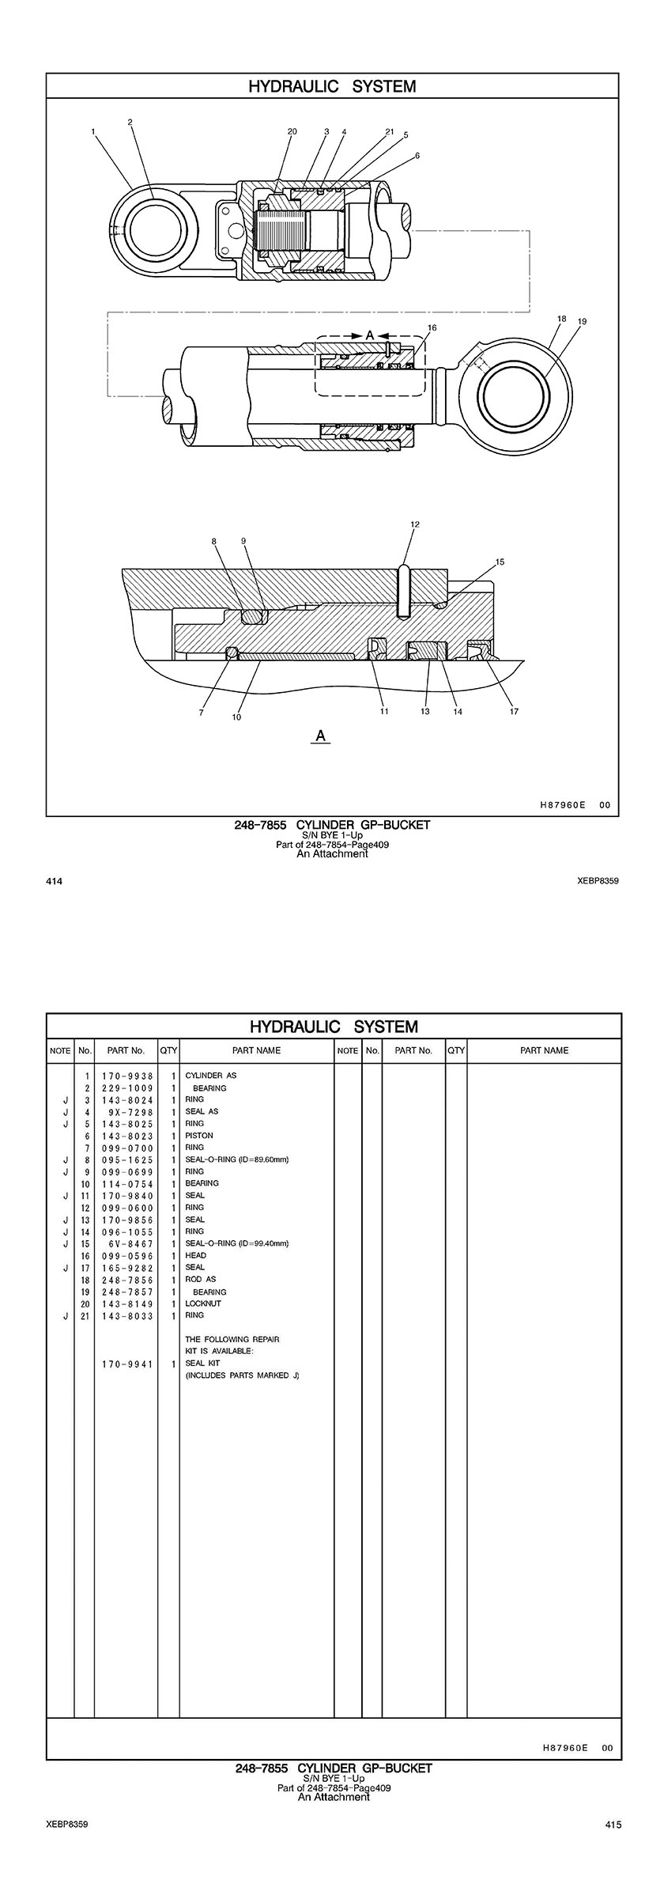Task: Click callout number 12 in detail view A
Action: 415,524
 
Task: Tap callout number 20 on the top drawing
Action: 292,131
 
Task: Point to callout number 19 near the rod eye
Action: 583,322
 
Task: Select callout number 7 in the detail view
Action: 202,713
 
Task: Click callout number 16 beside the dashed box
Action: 432,327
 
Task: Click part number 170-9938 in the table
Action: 127,1076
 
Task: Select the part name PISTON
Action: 199,1136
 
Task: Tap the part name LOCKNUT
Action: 203,1303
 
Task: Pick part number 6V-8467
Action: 127,1244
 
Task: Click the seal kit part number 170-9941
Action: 127,1364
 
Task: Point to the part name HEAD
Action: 195,1255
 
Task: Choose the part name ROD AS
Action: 200,1279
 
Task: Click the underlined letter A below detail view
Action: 321,736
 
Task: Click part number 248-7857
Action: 127,1292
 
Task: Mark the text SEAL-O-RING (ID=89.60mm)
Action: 237,1159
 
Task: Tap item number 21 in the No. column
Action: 85,1315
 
